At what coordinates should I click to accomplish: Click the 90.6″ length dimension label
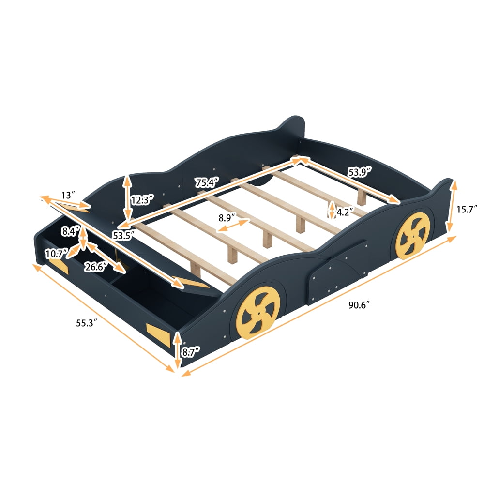[359, 305]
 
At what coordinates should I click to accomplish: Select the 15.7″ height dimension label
[467, 209]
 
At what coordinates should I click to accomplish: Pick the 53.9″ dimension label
[359, 171]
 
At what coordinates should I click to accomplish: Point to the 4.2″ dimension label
[345, 212]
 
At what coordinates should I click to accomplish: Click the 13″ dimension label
[68, 196]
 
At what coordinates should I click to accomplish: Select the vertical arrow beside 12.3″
[127, 198]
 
